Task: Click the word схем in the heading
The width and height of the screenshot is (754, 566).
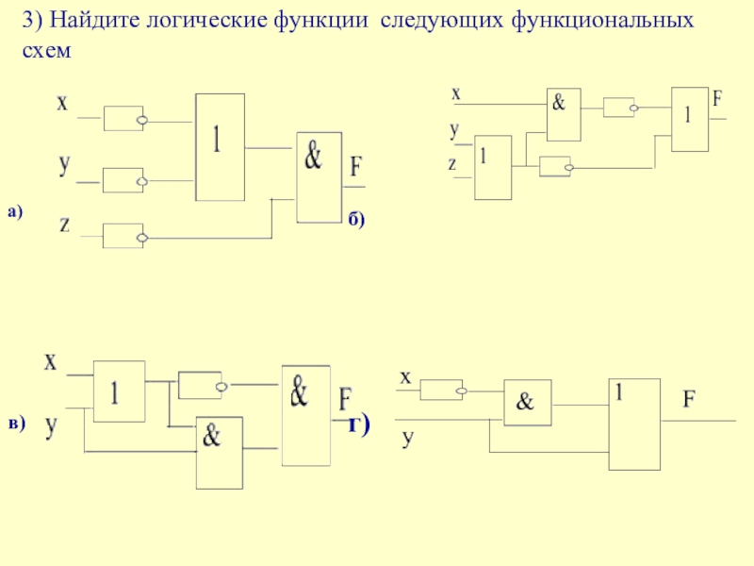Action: tap(46, 50)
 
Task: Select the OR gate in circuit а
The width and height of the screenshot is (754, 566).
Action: tap(220, 147)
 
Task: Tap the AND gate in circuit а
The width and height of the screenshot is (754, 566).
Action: tap(320, 177)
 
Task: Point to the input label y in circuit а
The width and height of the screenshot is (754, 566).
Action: tap(64, 164)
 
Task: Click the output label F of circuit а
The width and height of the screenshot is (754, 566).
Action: tap(355, 167)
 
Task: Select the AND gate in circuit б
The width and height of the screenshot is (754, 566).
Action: tap(564, 114)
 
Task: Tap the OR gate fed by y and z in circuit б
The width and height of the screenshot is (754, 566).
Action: tap(493, 167)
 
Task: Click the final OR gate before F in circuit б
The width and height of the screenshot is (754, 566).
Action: tap(690, 120)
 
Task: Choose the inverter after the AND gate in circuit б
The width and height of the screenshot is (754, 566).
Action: tap(621, 108)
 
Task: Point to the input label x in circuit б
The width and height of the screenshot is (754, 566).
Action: tap(456, 93)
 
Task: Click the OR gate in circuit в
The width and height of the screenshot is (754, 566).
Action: tap(119, 391)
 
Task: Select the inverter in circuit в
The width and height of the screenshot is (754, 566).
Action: tap(203, 385)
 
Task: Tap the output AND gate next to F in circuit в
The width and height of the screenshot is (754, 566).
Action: tap(305, 416)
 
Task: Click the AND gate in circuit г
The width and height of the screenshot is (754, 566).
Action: tap(528, 403)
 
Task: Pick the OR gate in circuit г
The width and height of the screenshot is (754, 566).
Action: tap(634, 424)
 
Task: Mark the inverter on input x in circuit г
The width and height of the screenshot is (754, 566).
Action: tap(443, 390)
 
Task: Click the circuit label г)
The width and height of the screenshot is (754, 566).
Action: tap(359, 424)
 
